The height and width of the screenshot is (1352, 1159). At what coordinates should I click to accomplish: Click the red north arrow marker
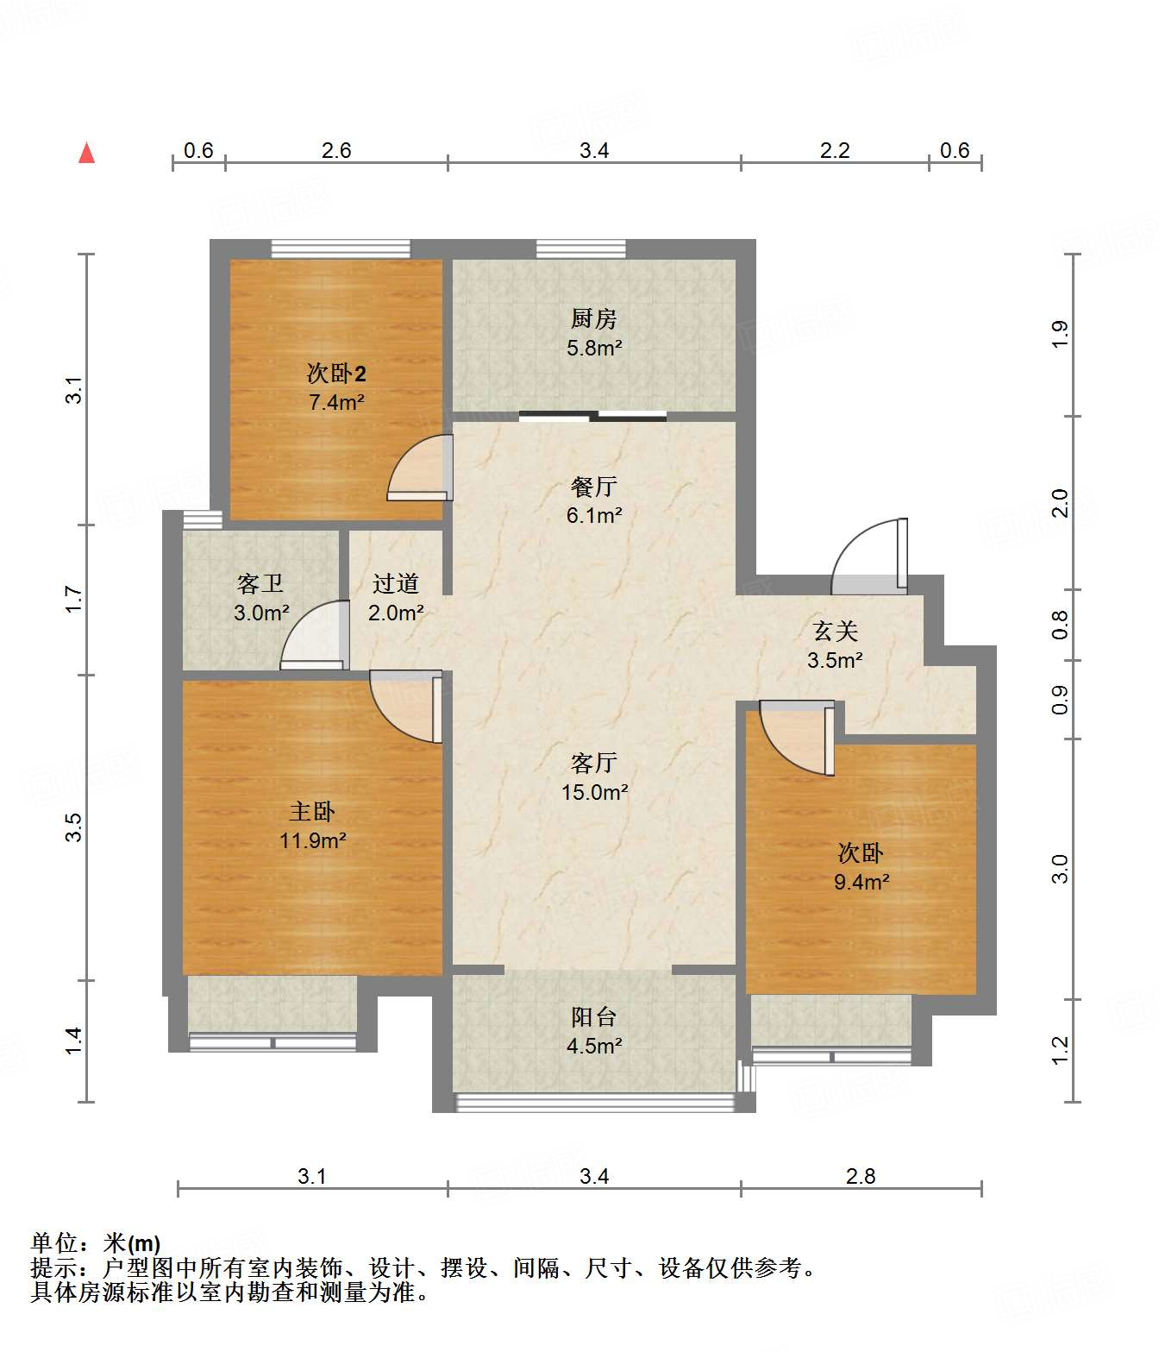point(86,153)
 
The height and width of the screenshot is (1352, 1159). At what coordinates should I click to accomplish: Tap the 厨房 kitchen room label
point(593,318)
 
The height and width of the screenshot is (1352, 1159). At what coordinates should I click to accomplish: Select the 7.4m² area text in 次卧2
point(336,401)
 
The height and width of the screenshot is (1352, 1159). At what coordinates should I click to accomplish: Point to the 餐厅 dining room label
point(593,486)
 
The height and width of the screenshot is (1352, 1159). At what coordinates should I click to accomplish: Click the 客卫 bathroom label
point(260,583)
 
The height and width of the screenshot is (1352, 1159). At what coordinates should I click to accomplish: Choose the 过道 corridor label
point(396,583)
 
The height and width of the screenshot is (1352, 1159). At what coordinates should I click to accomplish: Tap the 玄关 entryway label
point(835,632)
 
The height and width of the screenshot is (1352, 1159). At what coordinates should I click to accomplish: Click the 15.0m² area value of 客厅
point(594,792)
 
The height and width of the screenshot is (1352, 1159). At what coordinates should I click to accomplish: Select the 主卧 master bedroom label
point(312,812)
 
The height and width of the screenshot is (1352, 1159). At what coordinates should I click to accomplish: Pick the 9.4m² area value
point(861,882)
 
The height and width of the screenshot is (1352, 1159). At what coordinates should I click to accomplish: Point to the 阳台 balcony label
point(593,1017)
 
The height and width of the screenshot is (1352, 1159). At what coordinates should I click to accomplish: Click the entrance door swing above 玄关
point(869,556)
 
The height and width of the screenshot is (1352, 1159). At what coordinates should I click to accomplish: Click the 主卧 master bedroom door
point(406,707)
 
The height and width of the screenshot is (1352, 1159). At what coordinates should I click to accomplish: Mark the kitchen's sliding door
point(593,415)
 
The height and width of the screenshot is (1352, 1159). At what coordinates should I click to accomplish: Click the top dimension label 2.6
point(336,150)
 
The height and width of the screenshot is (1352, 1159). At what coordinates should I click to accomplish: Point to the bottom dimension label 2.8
point(861,1176)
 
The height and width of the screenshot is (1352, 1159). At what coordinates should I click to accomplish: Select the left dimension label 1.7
point(73,599)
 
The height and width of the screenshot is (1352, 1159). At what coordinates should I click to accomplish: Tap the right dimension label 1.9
point(1060,334)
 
